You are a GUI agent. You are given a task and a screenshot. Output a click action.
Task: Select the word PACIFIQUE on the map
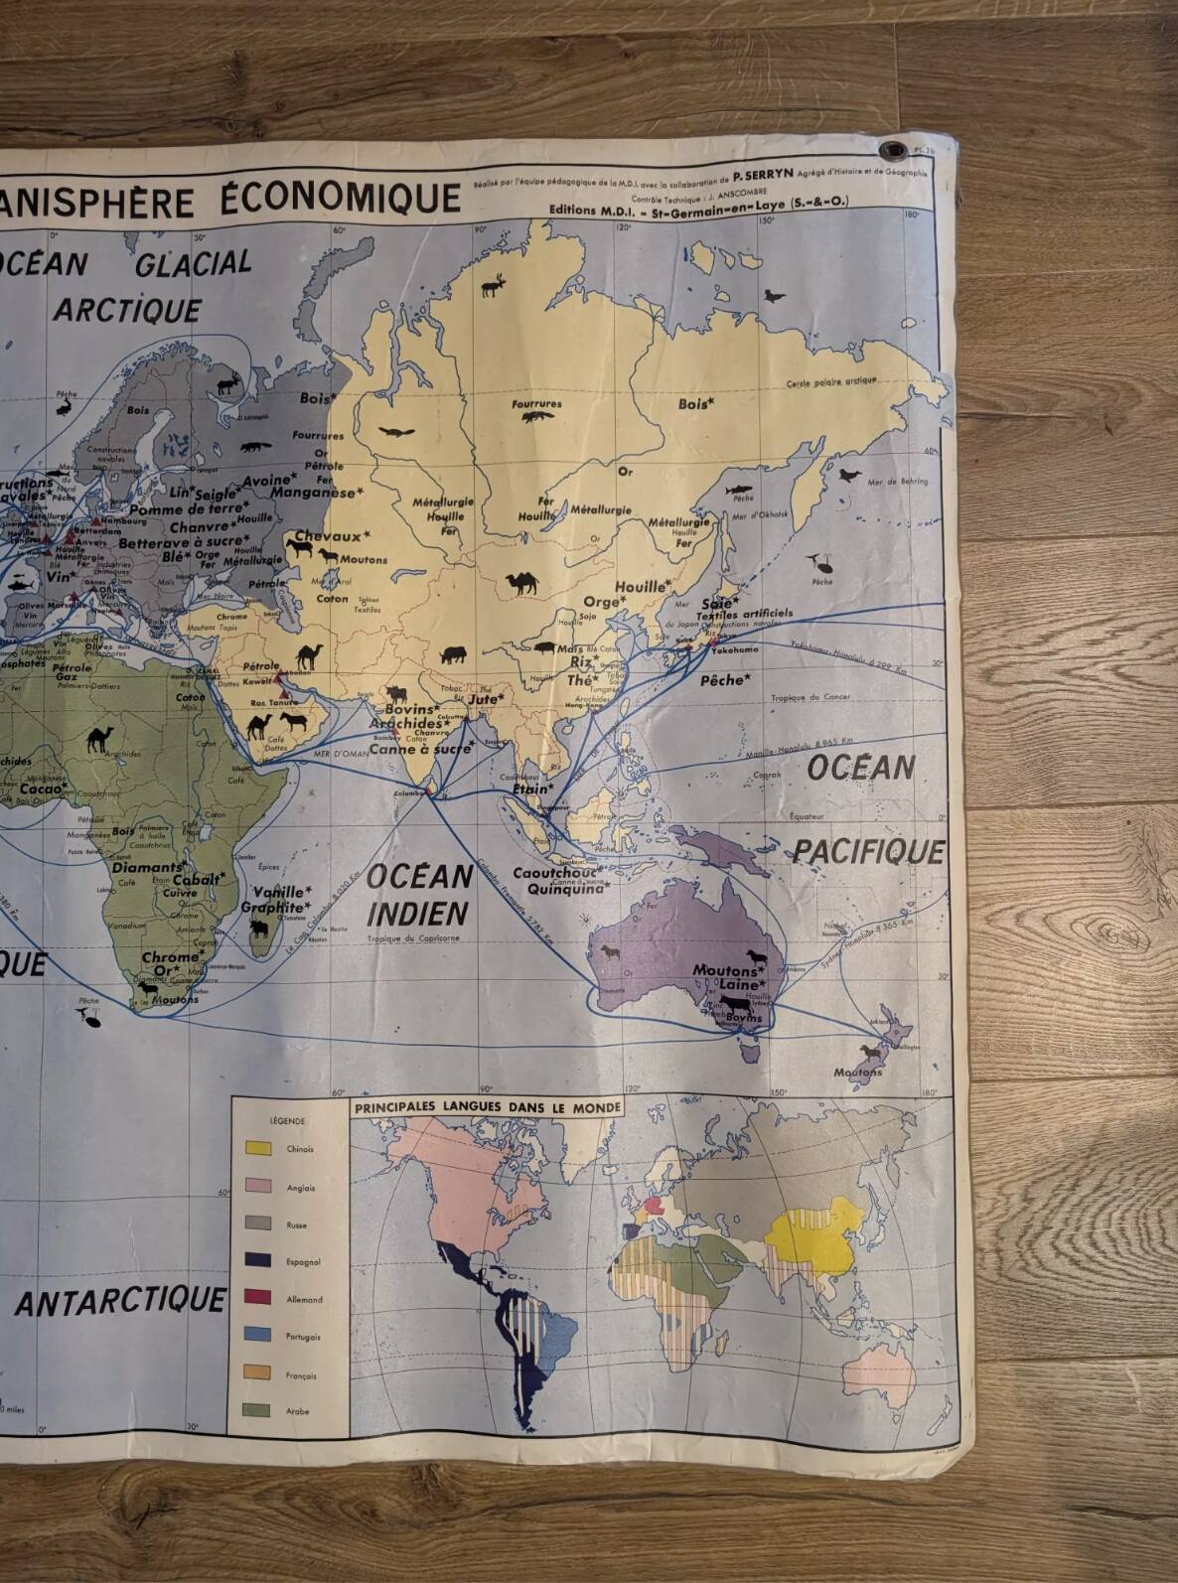(868, 852)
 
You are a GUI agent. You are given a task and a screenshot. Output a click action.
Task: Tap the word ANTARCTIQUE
(120, 1301)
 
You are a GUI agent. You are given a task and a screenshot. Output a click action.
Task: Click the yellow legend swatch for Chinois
(257, 1149)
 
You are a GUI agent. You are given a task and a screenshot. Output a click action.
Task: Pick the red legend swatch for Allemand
(257, 1298)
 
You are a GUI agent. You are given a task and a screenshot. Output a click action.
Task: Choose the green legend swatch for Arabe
(257, 1410)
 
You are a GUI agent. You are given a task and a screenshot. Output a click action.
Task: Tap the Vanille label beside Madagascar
(281, 891)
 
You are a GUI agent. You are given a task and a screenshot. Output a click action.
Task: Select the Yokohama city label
(734, 648)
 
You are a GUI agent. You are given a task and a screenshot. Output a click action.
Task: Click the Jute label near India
(485, 699)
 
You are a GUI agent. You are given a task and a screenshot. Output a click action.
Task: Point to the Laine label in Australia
(740, 984)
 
